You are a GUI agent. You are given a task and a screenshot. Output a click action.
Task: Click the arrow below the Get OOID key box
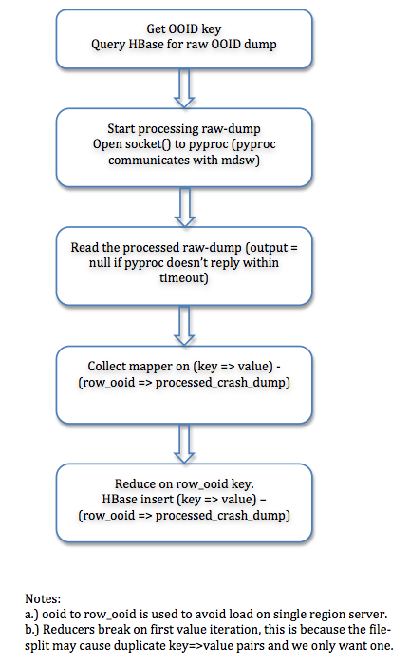click(x=184, y=88)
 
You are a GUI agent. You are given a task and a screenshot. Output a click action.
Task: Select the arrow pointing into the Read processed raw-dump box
click(x=185, y=207)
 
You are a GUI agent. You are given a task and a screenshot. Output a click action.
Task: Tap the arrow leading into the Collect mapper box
click(x=184, y=326)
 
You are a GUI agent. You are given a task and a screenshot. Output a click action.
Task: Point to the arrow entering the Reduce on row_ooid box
click(x=184, y=444)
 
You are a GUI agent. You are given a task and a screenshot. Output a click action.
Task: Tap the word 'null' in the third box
click(x=100, y=262)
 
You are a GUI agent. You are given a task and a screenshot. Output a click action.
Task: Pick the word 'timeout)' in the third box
click(x=184, y=277)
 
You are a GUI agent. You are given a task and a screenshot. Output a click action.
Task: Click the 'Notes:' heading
click(x=43, y=598)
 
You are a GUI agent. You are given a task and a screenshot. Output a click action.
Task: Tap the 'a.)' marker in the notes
click(x=31, y=614)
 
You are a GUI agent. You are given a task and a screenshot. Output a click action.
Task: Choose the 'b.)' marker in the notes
click(x=32, y=630)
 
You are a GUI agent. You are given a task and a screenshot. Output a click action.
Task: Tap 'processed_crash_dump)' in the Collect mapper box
click(x=223, y=383)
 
